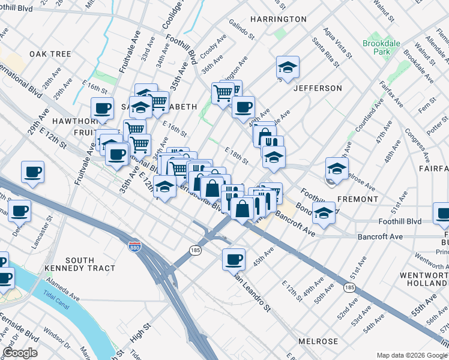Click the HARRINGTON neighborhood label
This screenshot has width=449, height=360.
click(279, 19)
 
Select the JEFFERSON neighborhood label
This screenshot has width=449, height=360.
click(318, 88)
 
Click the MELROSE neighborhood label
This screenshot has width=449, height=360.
click(318, 341)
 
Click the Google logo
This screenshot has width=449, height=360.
click(20, 353)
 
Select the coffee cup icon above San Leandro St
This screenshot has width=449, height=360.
click(234, 259)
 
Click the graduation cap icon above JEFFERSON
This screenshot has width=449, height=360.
click(288, 67)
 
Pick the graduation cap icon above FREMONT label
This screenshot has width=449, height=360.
click(337, 167)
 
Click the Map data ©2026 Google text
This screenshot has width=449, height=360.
click(411, 355)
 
